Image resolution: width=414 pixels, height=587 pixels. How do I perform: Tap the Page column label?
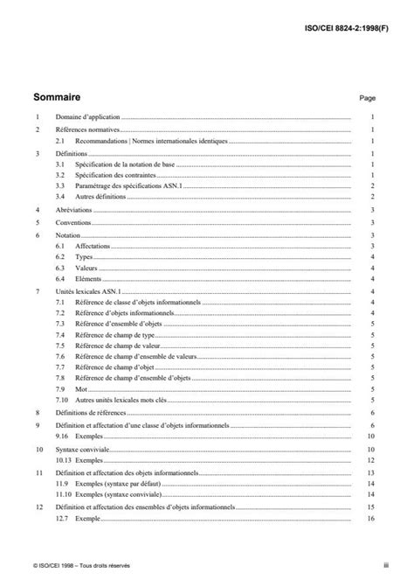click(x=367, y=99)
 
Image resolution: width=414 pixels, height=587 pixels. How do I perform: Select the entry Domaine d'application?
click(x=86, y=116)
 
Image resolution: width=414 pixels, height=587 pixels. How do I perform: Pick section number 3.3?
click(x=60, y=185)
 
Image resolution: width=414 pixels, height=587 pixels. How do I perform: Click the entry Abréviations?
click(x=73, y=210)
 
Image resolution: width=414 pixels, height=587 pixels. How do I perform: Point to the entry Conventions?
click(x=73, y=223)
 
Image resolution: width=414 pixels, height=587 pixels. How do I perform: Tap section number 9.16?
click(x=61, y=435)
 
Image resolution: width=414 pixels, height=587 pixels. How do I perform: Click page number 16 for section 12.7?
click(x=370, y=519)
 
